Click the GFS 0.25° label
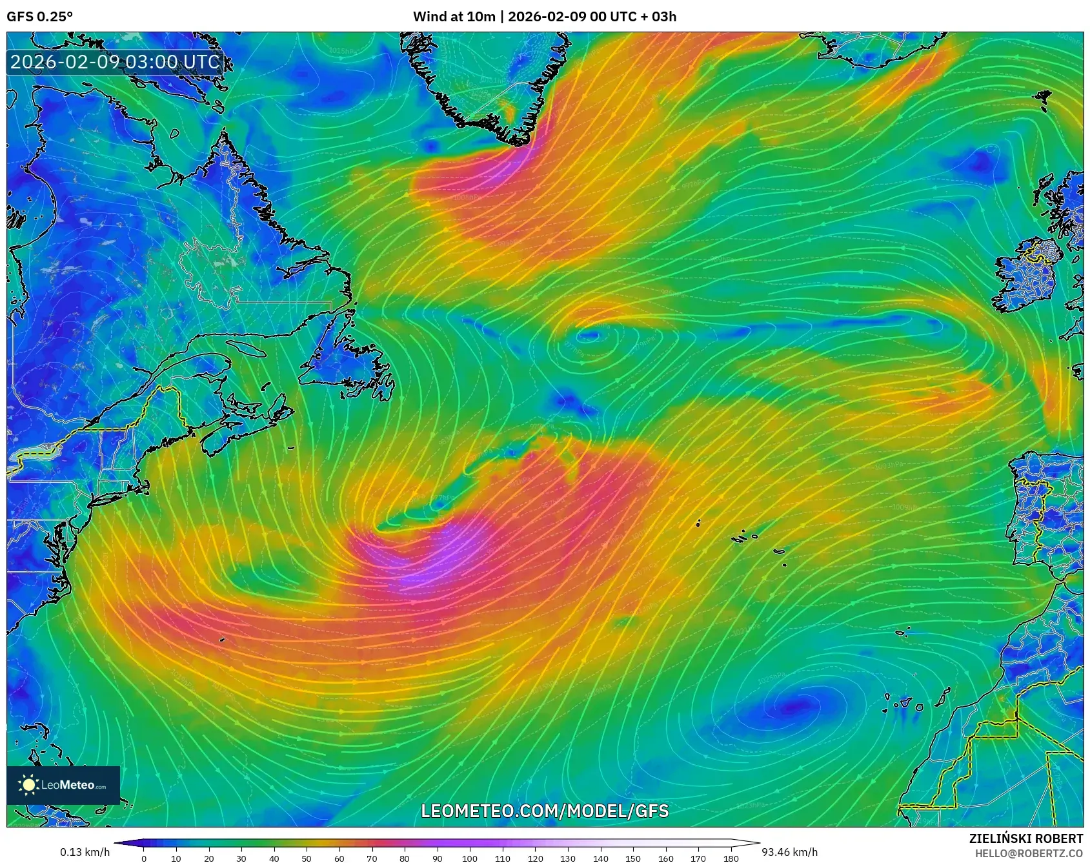(39, 17)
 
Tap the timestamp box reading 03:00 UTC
(115, 62)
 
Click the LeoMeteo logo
(63, 785)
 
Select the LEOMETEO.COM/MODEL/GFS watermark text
(545, 811)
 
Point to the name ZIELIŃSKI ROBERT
(1025, 838)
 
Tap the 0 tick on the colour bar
(143, 858)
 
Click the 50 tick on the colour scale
(307, 858)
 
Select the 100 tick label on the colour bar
(469, 858)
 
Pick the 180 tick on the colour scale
(731, 858)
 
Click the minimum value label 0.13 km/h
(85, 852)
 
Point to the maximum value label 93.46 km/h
(789, 852)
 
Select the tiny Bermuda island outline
(221, 640)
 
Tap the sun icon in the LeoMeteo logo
(29, 785)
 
